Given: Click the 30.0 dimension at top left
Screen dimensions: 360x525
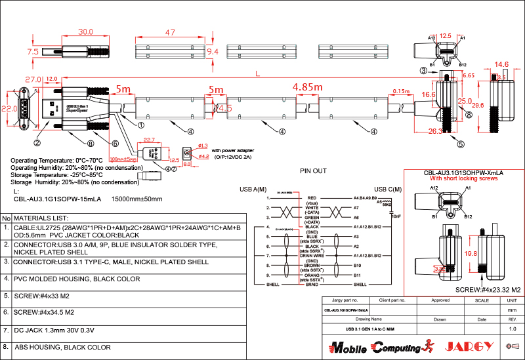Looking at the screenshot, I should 85,31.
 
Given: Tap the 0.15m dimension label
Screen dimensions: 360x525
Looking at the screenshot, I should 400,91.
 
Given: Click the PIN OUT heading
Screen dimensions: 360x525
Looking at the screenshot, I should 313,171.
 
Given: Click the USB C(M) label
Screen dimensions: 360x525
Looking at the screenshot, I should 387,190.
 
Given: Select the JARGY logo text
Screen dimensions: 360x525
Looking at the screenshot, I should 470,346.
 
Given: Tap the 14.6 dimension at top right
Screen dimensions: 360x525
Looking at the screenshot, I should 502,64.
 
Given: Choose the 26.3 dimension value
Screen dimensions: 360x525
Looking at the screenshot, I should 434,131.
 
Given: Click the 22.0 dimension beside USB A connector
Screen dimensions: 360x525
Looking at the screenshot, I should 9,108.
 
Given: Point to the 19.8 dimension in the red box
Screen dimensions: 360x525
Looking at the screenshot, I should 470,253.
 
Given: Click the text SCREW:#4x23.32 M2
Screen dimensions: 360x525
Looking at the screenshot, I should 488,289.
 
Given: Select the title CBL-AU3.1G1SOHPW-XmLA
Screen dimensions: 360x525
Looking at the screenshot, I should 467,172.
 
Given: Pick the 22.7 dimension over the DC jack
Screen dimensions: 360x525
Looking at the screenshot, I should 149,139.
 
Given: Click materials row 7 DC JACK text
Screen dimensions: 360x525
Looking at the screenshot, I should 56,330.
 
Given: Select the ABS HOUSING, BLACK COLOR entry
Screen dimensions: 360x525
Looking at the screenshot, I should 63,348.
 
